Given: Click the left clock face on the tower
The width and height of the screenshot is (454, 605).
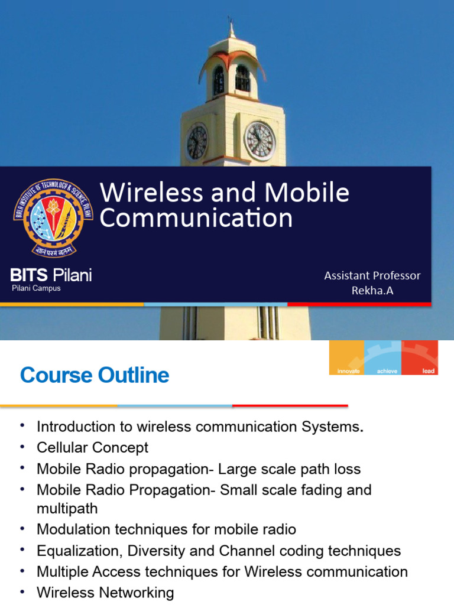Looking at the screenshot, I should pos(197,142).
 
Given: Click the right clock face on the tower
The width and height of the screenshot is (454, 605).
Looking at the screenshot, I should pos(260,141).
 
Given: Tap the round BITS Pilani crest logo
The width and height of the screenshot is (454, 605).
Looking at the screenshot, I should pos(53,217).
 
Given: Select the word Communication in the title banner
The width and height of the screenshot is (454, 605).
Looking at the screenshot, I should pos(196,218).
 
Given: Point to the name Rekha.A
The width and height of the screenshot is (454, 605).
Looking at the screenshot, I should pos(372,290).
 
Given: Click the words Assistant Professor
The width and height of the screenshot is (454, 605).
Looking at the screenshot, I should pos(372,275).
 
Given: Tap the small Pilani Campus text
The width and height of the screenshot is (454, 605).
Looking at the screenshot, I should pos(36,288).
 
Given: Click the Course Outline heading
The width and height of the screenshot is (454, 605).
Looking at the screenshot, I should pos(95,375).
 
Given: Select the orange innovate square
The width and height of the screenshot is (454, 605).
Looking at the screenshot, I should pos(346,357).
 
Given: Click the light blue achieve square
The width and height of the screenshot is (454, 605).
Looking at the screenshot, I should pos(382,357).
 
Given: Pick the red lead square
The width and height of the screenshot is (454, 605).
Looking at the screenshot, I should pos(420,357).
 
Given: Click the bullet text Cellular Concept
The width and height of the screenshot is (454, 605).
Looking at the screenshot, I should pos(92,447).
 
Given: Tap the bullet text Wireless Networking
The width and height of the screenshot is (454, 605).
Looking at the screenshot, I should pos(105,593).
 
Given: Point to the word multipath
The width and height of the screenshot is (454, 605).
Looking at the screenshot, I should pos(67,508).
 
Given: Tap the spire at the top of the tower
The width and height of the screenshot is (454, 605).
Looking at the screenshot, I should pos(231,28).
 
